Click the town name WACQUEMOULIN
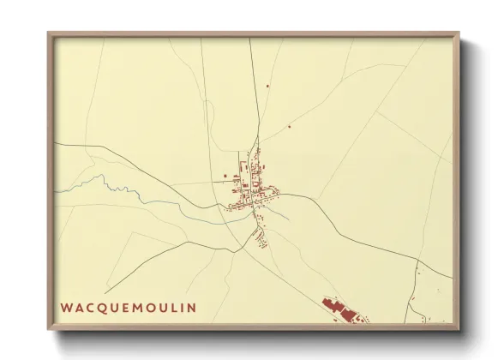tap(128, 307)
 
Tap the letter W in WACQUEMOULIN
tap(66, 307)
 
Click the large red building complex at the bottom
tap(340, 309)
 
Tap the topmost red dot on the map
tap(267, 85)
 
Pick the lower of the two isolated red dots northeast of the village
tap(289, 127)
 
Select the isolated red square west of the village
tap(225, 176)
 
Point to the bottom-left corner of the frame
tap(49, 329)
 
